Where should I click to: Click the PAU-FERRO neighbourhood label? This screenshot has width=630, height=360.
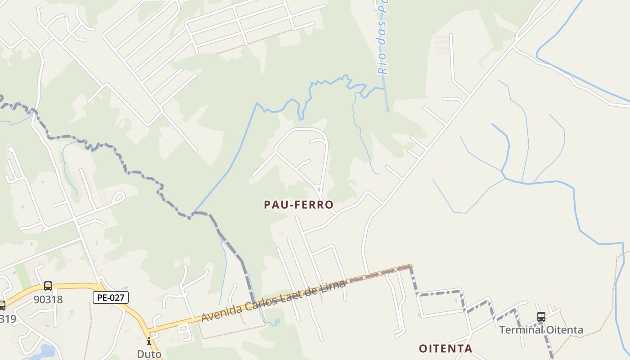point(299,205)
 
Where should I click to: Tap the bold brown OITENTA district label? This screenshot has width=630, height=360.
point(445,348)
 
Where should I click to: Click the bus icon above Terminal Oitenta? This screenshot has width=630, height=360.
point(541,317)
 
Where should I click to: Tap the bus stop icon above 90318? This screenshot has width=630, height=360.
point(48,286)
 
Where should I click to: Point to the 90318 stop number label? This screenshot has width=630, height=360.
point(48,299)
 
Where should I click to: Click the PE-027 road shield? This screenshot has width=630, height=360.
point(111,297)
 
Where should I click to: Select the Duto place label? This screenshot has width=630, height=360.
point(149,354)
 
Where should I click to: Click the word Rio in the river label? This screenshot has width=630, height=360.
point(382,65)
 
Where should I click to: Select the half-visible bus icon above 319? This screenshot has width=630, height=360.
point(2,306)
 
